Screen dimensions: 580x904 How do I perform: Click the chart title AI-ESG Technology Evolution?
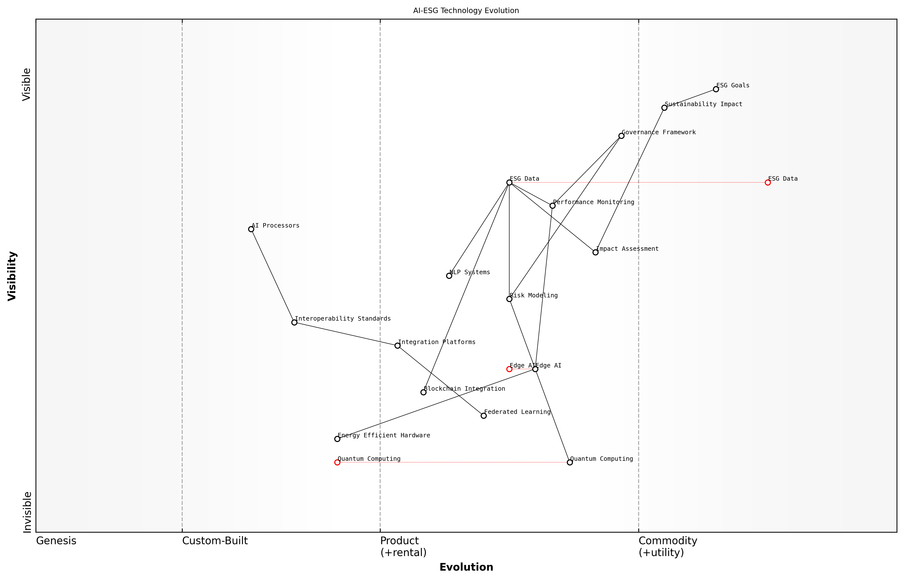(x=466, y=11)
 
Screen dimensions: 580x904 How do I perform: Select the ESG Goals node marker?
(x=716, y=89)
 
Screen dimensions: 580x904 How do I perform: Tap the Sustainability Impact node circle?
(x=664, y=108)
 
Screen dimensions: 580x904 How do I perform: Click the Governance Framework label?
(x=658, y=132)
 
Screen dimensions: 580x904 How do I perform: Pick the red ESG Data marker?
(x=767, y=182)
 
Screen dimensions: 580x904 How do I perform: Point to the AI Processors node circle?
(x=251, y=229)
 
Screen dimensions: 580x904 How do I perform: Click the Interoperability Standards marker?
(x=294, y=322)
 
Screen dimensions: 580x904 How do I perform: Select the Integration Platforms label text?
(x=436, y=342)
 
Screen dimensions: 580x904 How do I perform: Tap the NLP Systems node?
(x=449, y=276)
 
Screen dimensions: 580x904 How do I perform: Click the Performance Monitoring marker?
(x=552, y=206)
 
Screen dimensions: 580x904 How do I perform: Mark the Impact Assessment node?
(x=595, y=252)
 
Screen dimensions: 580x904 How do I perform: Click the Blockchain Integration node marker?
(x=423, y=392)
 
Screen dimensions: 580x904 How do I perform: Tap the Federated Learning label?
(x=517, y=412)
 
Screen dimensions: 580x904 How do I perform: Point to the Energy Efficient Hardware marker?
(x=337, y=439)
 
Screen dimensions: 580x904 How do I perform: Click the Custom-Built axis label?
(x=215, y=541)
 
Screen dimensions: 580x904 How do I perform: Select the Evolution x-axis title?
(x=466, y=567)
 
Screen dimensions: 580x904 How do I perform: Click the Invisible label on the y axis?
(x=27, y=512)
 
